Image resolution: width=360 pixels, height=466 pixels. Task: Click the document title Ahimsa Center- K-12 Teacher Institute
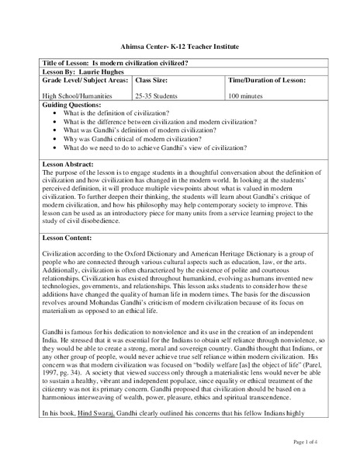[179, 47]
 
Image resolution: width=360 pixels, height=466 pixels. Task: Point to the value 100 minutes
[246, 96]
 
